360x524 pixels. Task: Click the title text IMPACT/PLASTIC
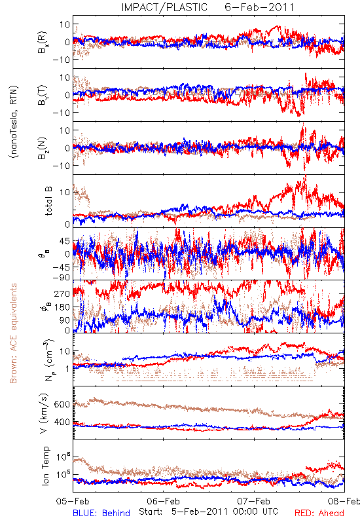click(x=164, y=7)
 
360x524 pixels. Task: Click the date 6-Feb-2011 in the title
click(x=259, y=7)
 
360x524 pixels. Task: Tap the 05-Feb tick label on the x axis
click(x=73, y=501)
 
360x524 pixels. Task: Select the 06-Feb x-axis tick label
click(x=163, y=501)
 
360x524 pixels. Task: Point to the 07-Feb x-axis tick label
click(x=254, y=501)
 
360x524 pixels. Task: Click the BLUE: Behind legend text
click(x=101, y=514)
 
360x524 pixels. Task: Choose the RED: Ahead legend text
click(x=319, y=514)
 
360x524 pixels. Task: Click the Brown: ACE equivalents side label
click(x=13, y=333)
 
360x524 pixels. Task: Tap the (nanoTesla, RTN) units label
click(x=14, y=122)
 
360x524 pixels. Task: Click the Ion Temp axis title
click(x=45, y=466)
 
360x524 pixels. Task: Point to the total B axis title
click(x=48, y=201)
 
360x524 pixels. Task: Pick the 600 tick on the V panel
click(x=62, y=404)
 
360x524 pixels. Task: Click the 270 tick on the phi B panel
click(x=62, y=293)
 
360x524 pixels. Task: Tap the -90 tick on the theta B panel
click(x=61, y=278)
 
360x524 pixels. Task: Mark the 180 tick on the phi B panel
click(x=62, y=307)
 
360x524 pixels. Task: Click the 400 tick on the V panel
click(x=62, y=422)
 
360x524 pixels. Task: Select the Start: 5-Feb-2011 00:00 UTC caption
click(x=208, y=512)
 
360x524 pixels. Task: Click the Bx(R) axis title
click(x=43, y=43)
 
